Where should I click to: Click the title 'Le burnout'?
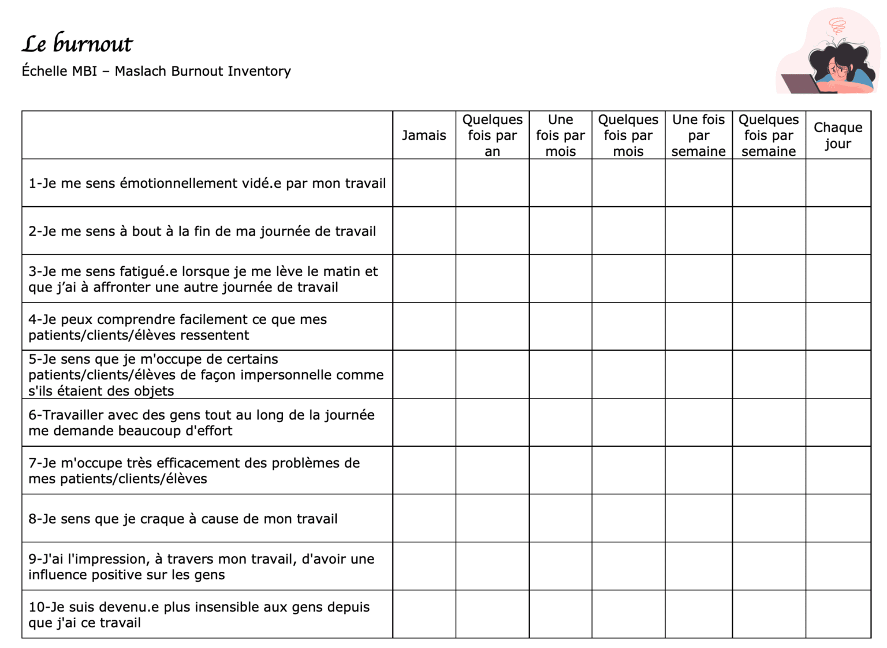[x=77, y=44]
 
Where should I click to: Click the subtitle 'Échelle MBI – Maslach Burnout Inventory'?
[x=156, y=71]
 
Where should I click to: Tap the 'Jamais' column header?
[x=424, y=135]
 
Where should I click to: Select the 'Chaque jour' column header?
[x=838, y=135]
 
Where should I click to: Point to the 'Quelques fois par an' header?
[x=492, y=135]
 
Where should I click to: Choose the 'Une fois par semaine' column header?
[x=698, y=135]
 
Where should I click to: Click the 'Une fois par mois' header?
[x=560, y=135]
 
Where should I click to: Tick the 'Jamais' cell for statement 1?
[x=424, y=183]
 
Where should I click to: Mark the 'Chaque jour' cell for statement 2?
[x=838, y=231]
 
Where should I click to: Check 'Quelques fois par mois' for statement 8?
[x=628, y=518]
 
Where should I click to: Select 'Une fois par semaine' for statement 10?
[x=698, y=614]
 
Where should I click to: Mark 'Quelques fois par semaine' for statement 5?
[x=769, y=374]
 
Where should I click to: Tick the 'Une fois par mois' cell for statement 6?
[x=560, y=422]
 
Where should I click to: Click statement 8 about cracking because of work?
[x=183, y=519]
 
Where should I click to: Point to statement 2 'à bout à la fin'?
[x=202, y=231]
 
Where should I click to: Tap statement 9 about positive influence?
[x=201, y=567]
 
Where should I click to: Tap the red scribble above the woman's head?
[x=837, y=26]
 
